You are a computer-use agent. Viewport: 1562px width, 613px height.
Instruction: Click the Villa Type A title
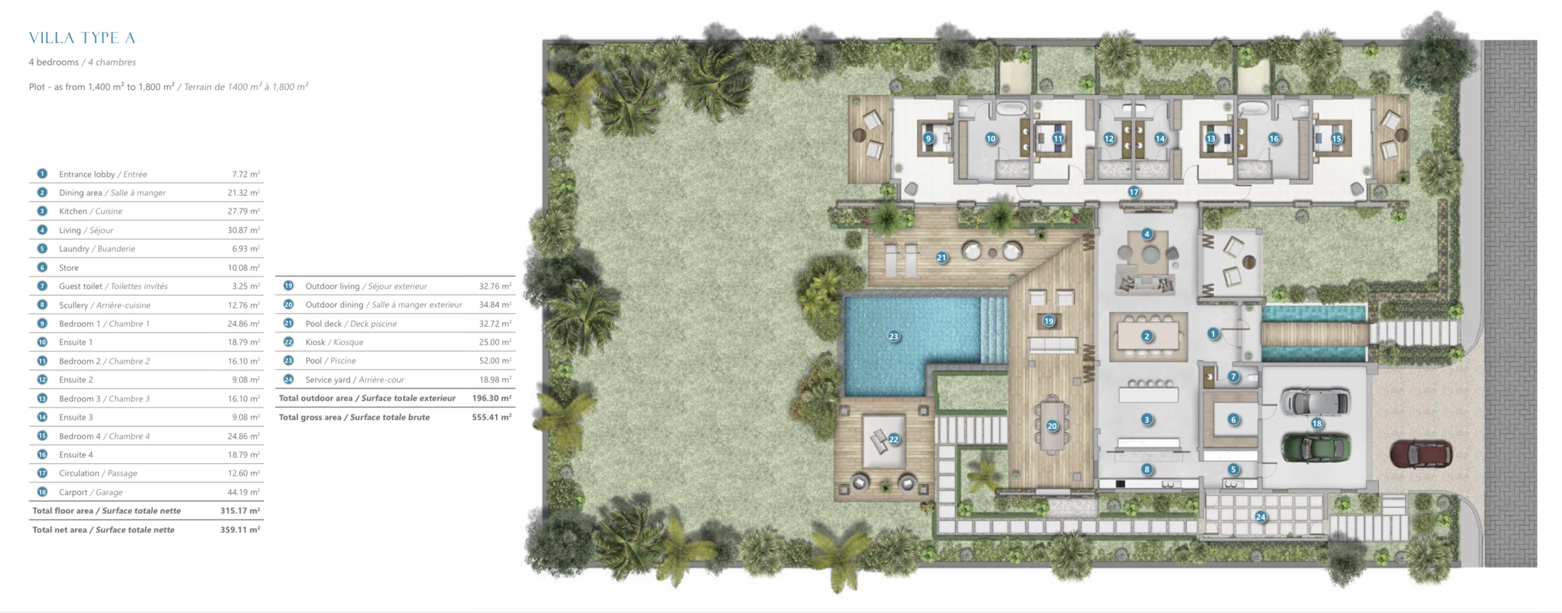(82, 38)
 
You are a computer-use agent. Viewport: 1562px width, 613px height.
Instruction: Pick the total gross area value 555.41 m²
(491, 417)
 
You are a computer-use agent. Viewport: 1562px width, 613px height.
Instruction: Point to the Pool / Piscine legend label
(331, 361)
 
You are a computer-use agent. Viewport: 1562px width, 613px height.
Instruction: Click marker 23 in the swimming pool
(894, 336)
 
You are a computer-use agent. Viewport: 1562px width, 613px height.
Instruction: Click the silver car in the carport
(1315, 402)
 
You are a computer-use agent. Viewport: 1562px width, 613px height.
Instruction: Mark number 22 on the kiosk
(894, 439)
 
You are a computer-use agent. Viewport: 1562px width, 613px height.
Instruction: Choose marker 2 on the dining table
(1147, 336)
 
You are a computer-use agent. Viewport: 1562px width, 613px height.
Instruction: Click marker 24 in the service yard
(1261, 517)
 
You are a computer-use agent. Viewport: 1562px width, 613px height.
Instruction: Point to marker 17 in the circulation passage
(1134, 192)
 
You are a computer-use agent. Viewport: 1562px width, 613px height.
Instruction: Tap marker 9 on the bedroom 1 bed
(928, 139)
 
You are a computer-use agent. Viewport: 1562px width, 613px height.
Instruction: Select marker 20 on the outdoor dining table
(1052, 426)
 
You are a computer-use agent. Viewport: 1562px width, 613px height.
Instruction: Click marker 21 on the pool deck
(942, 258)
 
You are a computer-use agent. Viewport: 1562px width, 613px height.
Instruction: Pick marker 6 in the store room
(1233, 420)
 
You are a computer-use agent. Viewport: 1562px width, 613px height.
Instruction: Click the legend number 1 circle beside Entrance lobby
(42, 174)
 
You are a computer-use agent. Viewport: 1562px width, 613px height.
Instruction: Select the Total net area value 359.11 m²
(240, 530)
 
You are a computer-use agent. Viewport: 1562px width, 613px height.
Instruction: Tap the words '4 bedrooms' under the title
(53, 62)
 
